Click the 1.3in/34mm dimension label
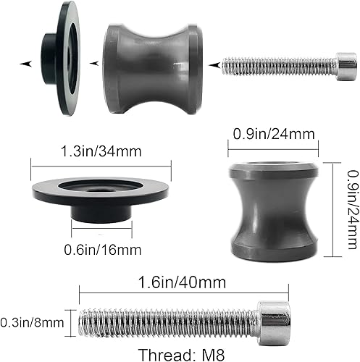tap(101, 152)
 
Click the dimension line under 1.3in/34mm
tap(101, 164)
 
